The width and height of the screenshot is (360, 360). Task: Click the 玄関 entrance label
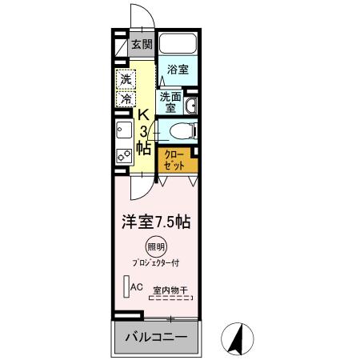click(142, 45)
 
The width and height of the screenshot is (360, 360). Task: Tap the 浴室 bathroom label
click(178, 70)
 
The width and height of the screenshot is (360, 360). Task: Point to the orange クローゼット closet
click(174, 159)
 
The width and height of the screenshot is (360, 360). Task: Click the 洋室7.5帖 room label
click(155, 220)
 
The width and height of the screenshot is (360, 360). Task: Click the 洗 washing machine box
click(126, 79)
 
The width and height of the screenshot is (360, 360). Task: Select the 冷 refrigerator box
click(126, 99)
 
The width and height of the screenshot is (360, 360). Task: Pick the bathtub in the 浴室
click(178, 46)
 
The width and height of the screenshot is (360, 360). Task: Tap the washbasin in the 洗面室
click(192, 107)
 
